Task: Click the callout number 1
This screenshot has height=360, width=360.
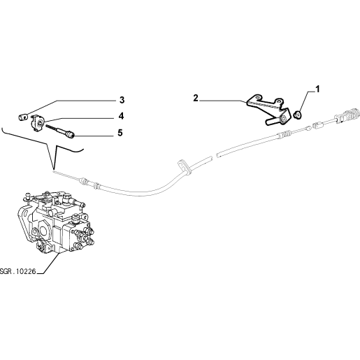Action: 317,89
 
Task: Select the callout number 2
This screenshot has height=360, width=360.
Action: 196,98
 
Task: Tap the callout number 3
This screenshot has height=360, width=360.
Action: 122,100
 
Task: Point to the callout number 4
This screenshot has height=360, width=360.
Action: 121,116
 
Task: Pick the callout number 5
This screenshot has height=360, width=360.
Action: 120,133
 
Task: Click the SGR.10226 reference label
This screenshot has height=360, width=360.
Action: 18,271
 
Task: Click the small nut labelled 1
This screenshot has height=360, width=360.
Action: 298,115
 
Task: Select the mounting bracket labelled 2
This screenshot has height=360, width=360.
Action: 268,109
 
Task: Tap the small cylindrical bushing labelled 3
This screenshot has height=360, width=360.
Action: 23,117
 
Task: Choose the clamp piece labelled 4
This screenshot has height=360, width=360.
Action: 37,122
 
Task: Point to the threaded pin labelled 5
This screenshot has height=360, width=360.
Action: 60,131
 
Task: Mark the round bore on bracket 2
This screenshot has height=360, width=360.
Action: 284,119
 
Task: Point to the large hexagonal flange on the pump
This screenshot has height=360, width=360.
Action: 43,230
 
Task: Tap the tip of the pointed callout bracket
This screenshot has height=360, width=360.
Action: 54,168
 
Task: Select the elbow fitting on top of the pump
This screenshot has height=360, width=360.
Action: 66,197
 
